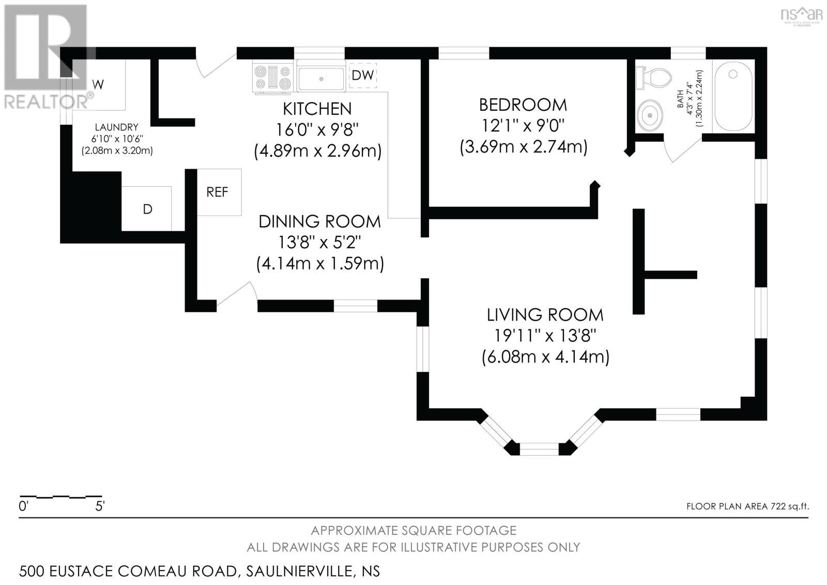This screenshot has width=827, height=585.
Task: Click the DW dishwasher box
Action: pos(363,76)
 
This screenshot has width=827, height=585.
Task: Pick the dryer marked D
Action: pos(147,209)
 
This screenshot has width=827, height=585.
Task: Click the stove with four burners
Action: pos(272,77)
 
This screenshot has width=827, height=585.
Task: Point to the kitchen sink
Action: pos(321,78)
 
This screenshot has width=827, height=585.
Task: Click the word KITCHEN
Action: pos(317,109)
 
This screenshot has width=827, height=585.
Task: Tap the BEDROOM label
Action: pos(523,105)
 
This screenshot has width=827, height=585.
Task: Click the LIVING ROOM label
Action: pos(545,314)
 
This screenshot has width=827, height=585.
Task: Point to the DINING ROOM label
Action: pos(319,221)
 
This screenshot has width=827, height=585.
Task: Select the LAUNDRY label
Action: pos(116,127)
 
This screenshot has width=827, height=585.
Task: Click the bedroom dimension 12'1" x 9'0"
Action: pos(523,126)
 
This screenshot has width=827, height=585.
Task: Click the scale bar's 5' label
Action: pos(100,506)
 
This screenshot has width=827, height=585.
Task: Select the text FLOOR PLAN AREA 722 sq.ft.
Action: pos(747,506)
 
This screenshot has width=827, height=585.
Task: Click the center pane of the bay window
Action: pos(539,448)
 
